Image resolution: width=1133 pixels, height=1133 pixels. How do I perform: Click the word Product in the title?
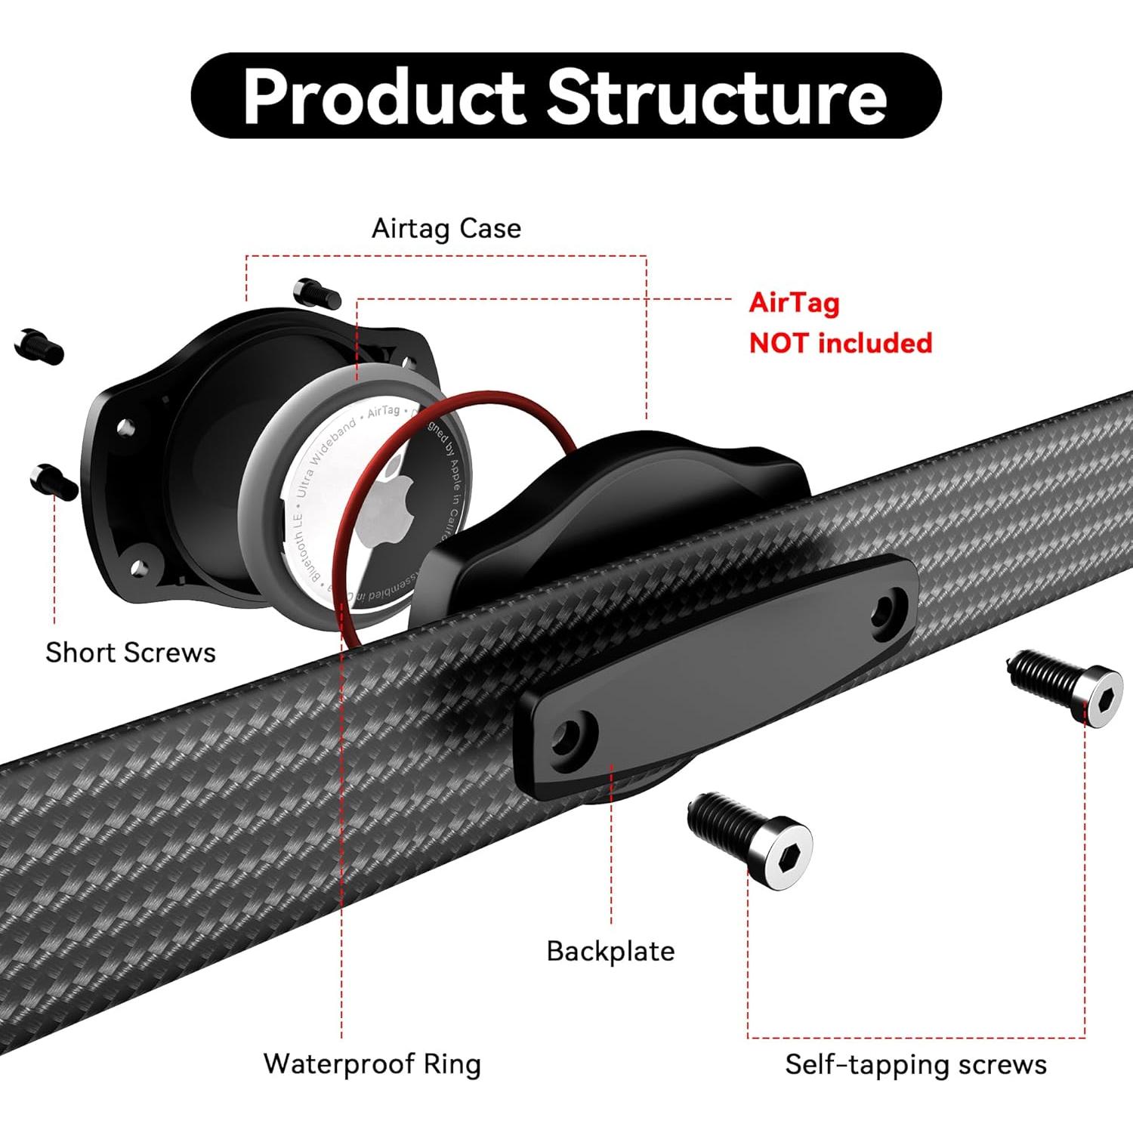pyautogui.click(x=383, y=97)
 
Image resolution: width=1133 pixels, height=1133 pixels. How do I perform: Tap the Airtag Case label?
pyautogui.click(x=446, y=228)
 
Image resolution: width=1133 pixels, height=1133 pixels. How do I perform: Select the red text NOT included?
pyautogui.click(x=841, y=343)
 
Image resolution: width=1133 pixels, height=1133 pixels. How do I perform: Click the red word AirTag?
pyautogui.click(x=794, y=302)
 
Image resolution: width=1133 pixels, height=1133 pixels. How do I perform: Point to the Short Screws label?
pyautogui.click(x=131, y=653)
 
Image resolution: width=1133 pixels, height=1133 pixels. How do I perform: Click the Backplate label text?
pyautogui.click(x=610, y=951)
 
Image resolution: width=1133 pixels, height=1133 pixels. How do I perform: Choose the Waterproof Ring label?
pyautogui.click(x=372, y=1064)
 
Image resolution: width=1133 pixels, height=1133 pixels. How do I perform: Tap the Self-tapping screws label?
pyautogui.click(x=915, y=1064)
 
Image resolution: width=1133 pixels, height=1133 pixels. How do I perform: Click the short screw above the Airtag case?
pyautogui.click(x=316, y=292)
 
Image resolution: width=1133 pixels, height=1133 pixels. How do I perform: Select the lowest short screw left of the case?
pyautogui.click(x=54, y=481)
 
